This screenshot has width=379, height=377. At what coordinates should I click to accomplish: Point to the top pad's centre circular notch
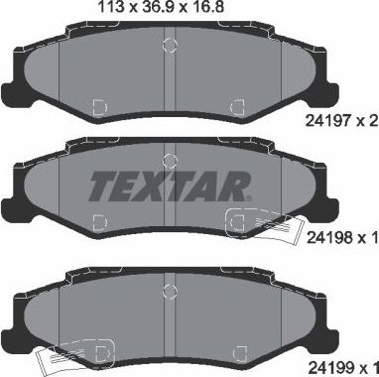coord(170,45)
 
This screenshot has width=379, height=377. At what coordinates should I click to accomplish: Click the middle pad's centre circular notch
coord(170,155)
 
